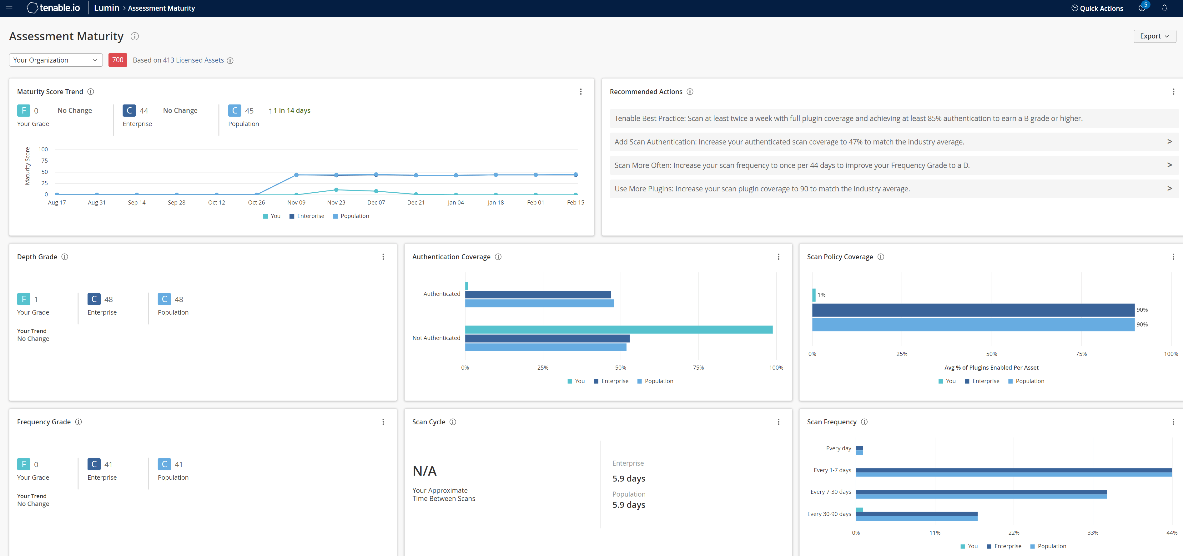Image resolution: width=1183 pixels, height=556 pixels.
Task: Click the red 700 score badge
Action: [x=118, y=60]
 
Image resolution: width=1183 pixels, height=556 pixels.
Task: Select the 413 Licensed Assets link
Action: [x=193, y=60]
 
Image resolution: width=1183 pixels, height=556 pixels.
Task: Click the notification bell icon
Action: [x=1164, y=8]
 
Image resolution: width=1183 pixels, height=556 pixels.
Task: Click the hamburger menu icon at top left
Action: [x=9, y=8]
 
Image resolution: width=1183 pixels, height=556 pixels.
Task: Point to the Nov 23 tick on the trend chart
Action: [x=336, y=202]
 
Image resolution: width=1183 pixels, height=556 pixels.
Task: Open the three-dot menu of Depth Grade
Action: [x=383, y=257]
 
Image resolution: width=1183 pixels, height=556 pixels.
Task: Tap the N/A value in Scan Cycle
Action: [x=424, y=471]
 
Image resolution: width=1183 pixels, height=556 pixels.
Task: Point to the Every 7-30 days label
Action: [x=830, y=492]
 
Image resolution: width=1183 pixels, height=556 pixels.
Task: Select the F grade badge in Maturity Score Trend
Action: [x=23, y=111]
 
